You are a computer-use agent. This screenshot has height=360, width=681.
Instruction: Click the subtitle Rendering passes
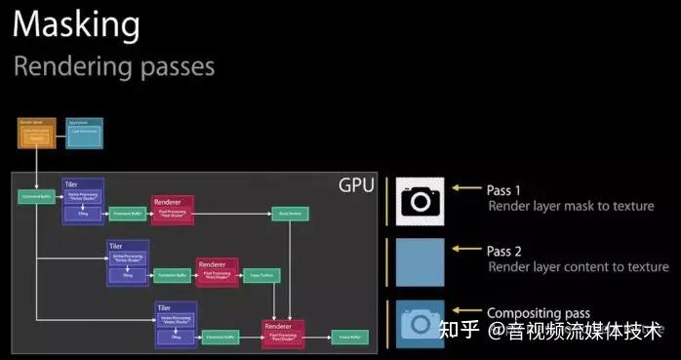tap(113, 66)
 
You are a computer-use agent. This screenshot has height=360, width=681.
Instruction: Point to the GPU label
tap(356, 185)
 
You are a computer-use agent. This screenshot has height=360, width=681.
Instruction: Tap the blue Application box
tap(84, 134)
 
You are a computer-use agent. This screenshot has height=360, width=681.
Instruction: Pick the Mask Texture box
tap(288, 211)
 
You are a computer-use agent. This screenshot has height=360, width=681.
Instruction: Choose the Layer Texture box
tap(259, 275)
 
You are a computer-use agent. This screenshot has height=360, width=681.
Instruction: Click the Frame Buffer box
tap(346, 338)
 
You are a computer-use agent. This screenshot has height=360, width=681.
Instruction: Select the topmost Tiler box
tap(83, 200)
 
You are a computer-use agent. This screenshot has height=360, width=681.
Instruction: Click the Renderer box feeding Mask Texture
tap(173, 209)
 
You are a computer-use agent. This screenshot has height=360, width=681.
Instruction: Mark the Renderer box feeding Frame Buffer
tap(283, 333)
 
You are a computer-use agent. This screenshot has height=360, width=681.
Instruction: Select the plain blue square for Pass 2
tap(420, 262)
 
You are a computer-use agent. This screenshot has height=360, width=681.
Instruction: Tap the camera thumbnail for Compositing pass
tap(420, 323)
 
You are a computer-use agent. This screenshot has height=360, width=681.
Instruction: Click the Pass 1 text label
tap(503, 189)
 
